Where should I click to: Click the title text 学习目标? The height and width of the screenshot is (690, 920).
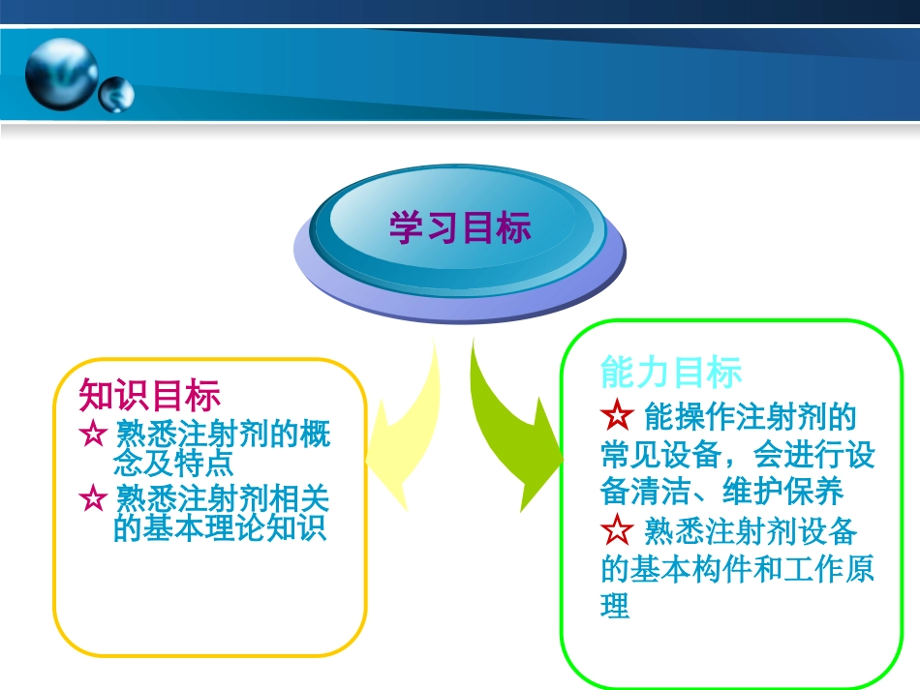[x=460, y=228]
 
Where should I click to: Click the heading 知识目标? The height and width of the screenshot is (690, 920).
[x=150, y=395]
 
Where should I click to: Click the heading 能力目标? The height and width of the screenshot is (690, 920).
[x=671, y=372]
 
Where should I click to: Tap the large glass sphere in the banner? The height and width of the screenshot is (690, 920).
[x=61, y=74]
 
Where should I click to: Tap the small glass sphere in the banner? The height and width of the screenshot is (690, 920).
[x=116, y=94]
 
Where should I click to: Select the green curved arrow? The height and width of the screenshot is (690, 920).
[x=513, y=426]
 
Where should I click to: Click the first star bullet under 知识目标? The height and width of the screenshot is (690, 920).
[x=94, y=433]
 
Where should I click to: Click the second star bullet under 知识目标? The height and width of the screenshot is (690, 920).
[x=94, y=498]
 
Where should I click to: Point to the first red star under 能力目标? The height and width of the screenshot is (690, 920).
[x=616, y=417]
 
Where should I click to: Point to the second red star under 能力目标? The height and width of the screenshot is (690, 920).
[x=616, y=530]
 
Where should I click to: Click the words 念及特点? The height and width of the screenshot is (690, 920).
[x=172, y=463]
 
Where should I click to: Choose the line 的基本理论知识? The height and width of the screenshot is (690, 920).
[x=220, y=528]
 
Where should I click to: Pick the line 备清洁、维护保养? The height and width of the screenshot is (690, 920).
[x=722, y=492]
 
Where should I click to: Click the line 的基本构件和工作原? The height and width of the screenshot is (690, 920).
[x=737, y=569]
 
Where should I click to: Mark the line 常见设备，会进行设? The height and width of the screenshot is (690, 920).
[x=737, y=455]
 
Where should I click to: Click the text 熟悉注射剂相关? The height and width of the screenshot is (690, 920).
[x=222, y=498]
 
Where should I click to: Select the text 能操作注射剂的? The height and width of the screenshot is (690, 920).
[x=750, y=417]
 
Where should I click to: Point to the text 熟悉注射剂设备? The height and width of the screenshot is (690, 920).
[x=750, y=531]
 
